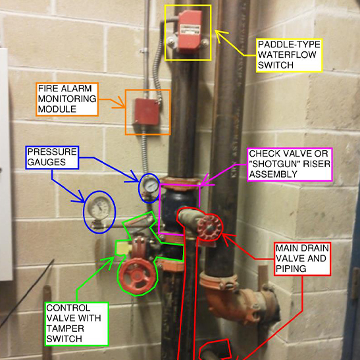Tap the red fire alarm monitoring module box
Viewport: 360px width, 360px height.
[147, 112]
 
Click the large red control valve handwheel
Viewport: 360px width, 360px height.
[138, 276]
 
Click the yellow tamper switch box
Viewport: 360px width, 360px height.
[124, 248]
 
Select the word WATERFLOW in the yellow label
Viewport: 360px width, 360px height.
[287, 55]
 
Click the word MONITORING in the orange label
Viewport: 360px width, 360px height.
[67, 99]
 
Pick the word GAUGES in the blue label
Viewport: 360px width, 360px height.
[46, 162]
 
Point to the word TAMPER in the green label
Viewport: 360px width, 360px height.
[65, 328]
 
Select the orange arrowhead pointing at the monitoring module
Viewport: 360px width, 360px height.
[119, 103]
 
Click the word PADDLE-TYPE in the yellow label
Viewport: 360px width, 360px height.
[289, 44]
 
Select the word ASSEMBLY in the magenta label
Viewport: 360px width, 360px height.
[273, 174]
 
